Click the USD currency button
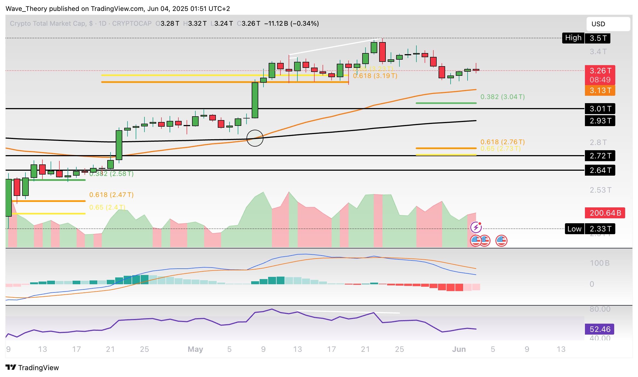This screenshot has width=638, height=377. pyautogui.click(x=608, y=24)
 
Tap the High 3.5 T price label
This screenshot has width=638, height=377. pyautogui.click(x=586, y=38)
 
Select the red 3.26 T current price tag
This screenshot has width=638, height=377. pyautogui.click(x=600, y=75)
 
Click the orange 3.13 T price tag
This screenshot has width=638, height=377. pyautogui.click(x=600, y=91)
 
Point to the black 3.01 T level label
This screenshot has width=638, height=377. pyautogui.click(x=600, y=109)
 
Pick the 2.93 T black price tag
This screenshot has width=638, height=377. pyautogui.click(x=600, y=121)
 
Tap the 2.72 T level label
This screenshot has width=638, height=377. pyautogui.click(x=600, y=156)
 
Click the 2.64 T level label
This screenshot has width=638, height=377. pyautogui.click(x=600, y=170)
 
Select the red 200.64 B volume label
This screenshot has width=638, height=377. pyautogui.click(x=605, y=213)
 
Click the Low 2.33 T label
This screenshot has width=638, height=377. pyautogui.click(x=590, y=229)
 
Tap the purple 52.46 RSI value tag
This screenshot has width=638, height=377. pyautogui.click(x=599, y=329)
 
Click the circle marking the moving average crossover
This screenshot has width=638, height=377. pyautogui.click(x=255, y=138)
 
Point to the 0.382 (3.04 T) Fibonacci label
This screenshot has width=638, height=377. pyautogui.click(x=502, y=97)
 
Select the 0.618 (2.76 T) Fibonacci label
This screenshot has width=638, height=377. pyautogui.click(x=502, y=142)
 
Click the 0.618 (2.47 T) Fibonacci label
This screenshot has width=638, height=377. pyautogui.click(x=111, y=195)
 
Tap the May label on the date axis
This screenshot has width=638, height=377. pyautogui.click(x=195, y=349)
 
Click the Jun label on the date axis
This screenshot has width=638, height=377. pyautogui.click(x=459, y=349)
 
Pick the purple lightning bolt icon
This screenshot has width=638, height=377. pyautogui.click(x=476, y=227)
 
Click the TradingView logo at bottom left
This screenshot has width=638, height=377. pyautogui.click(x=32, y=367)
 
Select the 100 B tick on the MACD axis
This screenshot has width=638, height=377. pyautogui.click(x=599, y=263)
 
